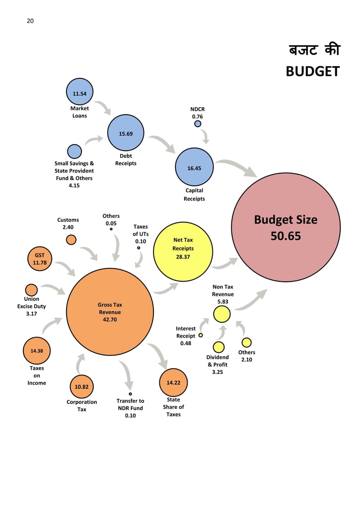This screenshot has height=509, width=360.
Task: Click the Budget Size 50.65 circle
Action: [x=286, y=227]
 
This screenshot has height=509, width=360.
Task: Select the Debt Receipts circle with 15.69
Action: [x=126, y=133]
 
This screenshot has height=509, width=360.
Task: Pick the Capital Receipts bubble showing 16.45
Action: [x=194, y=167]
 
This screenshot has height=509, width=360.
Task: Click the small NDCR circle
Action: [x=198, y=124]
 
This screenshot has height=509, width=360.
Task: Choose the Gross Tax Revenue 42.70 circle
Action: [x=109, y=312]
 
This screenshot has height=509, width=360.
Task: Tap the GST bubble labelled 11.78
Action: [x=40, y=259]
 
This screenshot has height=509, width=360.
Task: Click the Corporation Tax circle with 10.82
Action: [x=81, y=386]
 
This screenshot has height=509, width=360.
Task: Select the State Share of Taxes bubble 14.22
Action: [x=173, y=383]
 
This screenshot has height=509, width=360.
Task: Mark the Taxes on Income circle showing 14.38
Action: [x=36, y=351]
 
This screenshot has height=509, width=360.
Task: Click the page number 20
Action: [x=30, y=21]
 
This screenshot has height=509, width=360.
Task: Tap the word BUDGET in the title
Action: [x=312, y=71]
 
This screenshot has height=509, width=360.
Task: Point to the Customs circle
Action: [x=71, y=239]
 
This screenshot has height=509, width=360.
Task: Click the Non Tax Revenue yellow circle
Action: [x=222, y=314]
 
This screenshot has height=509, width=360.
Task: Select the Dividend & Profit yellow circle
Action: [x=218, y=347]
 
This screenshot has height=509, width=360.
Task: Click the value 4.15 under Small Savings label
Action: [x=74, y=185]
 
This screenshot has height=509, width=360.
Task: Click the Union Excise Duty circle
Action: [x=31, y=290]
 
